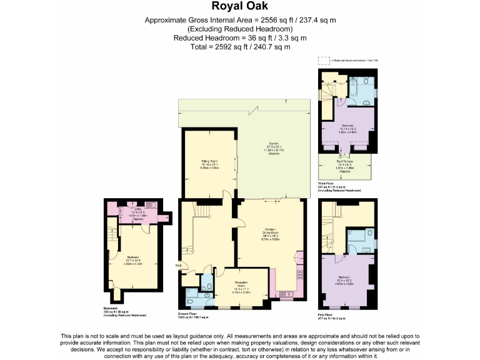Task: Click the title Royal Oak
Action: pos(240,7)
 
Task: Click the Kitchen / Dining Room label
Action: pos(271,235)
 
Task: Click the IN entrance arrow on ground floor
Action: pos(179,267)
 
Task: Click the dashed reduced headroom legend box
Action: pos(323,61)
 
